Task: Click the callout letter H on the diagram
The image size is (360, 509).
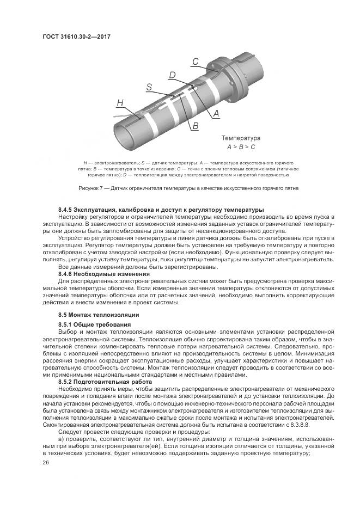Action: pos(120,102)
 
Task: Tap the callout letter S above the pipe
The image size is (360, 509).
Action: pos(149,87)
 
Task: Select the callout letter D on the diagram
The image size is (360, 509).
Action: pos(172,75)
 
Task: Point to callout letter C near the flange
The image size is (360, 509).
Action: pos(195,62)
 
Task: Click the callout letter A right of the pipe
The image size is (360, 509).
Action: pos(216,114)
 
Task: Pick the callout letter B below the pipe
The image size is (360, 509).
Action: pos(194,126)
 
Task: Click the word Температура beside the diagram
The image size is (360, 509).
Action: pos(241,138)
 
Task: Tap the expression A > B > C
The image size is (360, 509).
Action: pos(241,148)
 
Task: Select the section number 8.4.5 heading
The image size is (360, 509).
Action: pos(66,210)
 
